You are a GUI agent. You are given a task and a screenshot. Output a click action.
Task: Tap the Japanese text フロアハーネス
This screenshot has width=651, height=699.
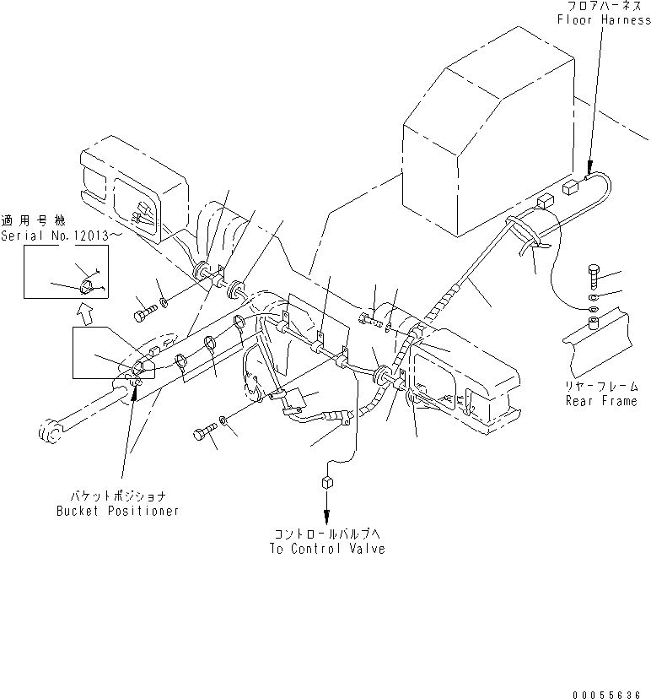600,7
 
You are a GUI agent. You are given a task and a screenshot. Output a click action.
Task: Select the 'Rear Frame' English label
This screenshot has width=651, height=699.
601,401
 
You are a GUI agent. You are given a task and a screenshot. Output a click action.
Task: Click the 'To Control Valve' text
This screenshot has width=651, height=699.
327,549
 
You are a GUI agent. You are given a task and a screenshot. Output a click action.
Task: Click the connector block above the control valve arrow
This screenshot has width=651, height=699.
325,483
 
